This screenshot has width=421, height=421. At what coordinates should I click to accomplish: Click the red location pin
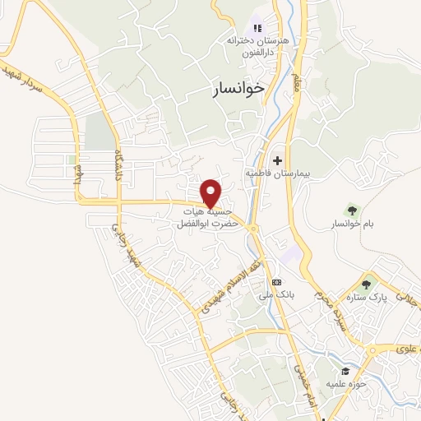(x=212, y=192)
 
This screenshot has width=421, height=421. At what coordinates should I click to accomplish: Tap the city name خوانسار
(x=233, y=90)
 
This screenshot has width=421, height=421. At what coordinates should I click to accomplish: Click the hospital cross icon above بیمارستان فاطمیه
(x=277, y=160)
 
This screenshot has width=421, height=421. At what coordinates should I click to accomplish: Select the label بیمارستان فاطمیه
(x=274, y=174)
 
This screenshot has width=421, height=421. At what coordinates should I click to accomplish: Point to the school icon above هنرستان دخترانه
(x=257, y=28)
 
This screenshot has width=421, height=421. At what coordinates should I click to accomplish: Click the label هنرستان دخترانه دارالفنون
(x=257, y=44)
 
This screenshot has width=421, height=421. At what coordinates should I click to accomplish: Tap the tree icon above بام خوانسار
(x=353, y=210)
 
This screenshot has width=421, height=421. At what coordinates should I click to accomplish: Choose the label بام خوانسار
(x=351, y=224)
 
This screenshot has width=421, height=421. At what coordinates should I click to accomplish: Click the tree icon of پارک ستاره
(x=366, y=284)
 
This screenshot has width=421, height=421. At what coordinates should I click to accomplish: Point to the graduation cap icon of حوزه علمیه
(x=342, y=370)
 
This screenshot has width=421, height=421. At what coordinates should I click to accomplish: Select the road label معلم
(x=297, y=83)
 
